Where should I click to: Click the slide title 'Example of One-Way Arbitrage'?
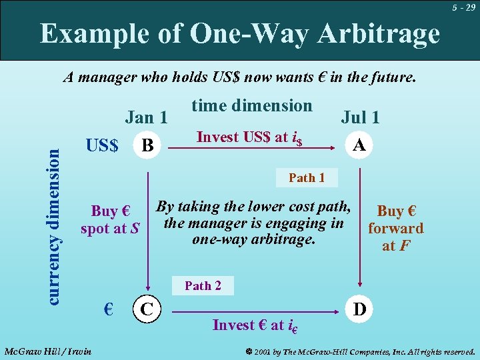tap(239, 33)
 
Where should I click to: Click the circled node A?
tap(359, 145)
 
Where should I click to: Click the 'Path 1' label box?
tap(307, 178)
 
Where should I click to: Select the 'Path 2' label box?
tap(203, 285)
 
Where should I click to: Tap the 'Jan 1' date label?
tap(146, 117)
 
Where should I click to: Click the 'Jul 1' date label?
tap(360, 117)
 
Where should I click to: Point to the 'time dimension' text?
tap(251, 105)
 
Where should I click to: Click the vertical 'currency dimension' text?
tap(56, 226)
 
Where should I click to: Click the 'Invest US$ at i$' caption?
tap(250, 137)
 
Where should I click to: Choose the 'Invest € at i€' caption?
tap(255, 325)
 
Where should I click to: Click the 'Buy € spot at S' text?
tap(110, 220)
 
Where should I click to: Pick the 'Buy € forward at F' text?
tap(396, 228)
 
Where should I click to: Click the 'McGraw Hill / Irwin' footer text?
tap(48, 351)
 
